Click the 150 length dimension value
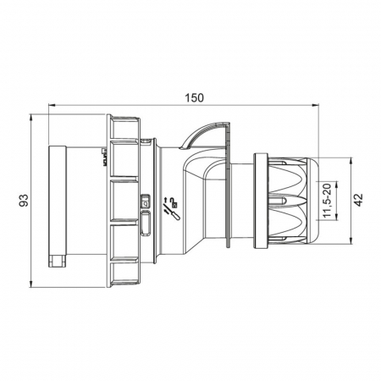click(194, 97)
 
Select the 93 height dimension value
click(24, 200)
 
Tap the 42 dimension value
click(358, 200)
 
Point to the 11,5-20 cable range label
click(327, 201)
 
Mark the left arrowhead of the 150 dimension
click(52, 105)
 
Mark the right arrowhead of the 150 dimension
click(315, 105)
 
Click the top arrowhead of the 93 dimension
click(31, 118)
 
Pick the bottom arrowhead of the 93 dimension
click(31, 284)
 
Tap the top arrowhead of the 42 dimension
click(351, 161)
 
